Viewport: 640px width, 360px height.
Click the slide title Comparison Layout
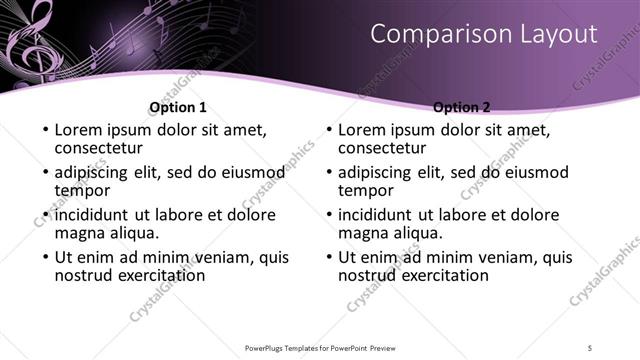coord(484,34)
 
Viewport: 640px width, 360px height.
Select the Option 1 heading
coord(178,107)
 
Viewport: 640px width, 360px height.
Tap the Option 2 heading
coord(462,107)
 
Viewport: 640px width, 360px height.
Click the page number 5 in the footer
coord(591,348)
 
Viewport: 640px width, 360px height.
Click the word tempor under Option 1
coord(82,190)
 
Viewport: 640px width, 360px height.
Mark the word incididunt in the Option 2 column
coord(383,214)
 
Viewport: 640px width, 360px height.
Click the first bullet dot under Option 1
coord(44,130)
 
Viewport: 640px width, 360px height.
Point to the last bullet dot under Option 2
coord(328,257)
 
